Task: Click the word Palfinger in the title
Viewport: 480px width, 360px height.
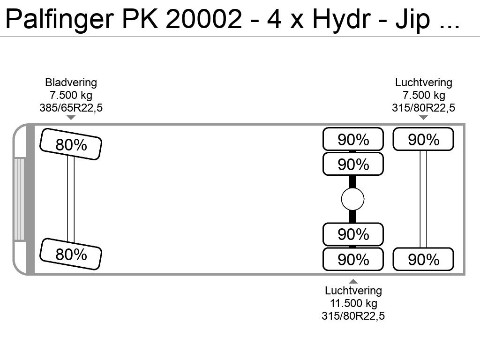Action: click(x=60, y=19)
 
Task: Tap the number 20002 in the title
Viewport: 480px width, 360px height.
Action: click(x=204, y=19)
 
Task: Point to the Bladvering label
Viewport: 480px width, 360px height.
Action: click(x=71, y=82)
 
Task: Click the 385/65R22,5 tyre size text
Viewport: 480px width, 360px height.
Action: click(x=71, y=108)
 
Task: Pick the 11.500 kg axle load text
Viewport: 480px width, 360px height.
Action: click(x=353, y=303)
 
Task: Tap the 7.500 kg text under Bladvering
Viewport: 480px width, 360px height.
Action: click(x=71, y=95)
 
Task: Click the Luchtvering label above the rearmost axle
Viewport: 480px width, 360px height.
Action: click(x=423, y=82)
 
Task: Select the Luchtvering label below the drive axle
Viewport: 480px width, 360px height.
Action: click(x=353, y=291)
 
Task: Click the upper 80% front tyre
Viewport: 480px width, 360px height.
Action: click(x=71, y=144)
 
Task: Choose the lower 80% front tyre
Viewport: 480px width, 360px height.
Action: click(x=71, y=254)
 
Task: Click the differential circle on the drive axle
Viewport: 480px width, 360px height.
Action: click(x=352, y=199)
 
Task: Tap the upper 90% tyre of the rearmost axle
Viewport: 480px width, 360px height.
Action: click(x=423, y=139)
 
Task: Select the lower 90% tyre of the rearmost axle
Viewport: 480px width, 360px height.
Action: click(x=423, y=259)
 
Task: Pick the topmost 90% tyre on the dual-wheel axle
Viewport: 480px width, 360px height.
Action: click(x=353, y=139)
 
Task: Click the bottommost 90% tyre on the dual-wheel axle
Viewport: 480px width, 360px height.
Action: click(x=353, y=259)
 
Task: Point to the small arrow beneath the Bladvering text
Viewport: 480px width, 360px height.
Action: click(x=71, y=118)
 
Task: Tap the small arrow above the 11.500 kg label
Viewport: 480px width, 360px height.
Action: click(x=353, y=281)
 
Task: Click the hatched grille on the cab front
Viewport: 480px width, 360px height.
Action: click(x=19, y=199)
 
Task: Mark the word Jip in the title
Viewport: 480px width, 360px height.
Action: click(x=412, y=19)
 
